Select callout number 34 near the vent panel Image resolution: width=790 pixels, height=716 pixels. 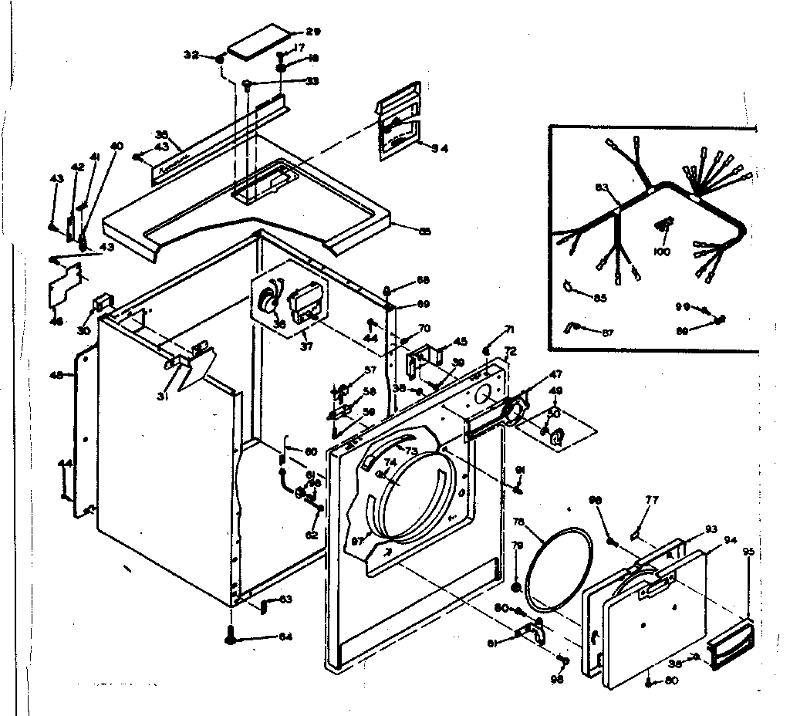click(x=441, y=148)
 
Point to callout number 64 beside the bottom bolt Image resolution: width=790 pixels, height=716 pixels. click(x=285, y=637)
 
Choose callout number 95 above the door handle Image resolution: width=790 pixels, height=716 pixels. click(x=748, y=552)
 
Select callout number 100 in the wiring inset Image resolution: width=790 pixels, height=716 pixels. click(x=662, y=252)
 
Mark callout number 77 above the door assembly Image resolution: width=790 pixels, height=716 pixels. click(x=652, y=500)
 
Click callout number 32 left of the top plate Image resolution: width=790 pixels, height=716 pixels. click(x=191, y=56)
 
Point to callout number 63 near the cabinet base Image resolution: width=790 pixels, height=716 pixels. click(x=285, y=599)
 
